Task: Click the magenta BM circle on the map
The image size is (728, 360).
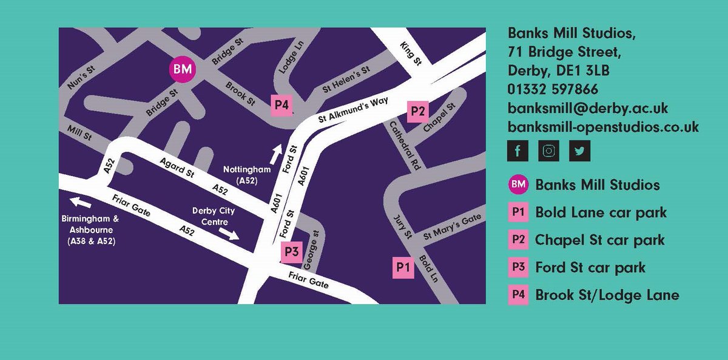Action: tap(183, 70)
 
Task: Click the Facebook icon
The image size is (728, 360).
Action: tap(517, 151)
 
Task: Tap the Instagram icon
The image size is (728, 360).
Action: tap(548, 151)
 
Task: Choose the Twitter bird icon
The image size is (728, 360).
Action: tap(579, 151)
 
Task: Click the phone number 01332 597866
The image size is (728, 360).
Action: tap(553, 90)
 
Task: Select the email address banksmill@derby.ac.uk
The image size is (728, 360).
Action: tap(588, 109)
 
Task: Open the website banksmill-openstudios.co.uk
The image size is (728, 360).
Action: tap(603, 127)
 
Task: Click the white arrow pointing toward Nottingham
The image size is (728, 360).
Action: tap(276, 154)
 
